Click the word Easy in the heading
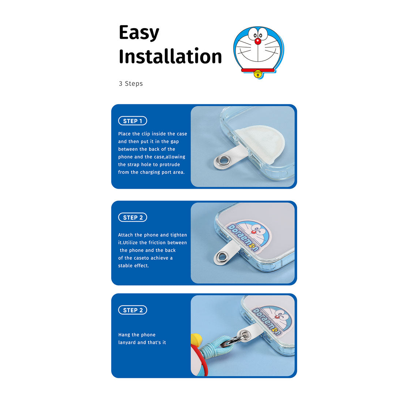139,33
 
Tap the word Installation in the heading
170,56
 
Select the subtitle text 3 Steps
131,84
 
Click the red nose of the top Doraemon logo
258,41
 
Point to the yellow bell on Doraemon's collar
258,74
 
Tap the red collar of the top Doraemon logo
258,70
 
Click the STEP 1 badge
132,121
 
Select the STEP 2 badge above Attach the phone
132,217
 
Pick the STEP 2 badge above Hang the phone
132,310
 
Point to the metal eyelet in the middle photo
222,257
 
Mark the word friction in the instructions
160,242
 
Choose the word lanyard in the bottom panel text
127,343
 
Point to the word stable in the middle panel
125,266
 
